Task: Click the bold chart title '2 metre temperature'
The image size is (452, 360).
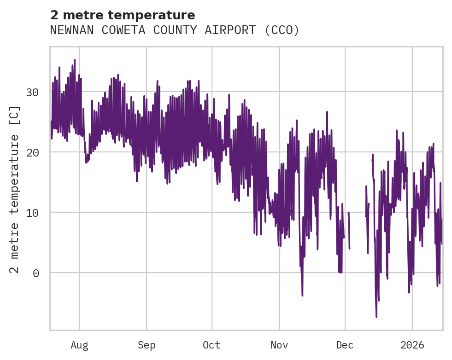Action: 123,15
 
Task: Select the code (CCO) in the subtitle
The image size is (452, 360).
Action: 282,30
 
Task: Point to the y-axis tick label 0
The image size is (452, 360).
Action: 35,273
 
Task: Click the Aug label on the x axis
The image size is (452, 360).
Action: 79,345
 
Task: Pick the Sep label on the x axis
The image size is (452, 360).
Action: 147,345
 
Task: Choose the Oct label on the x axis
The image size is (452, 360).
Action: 212,345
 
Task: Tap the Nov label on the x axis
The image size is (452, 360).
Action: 279,345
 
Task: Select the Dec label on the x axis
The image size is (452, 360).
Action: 345,345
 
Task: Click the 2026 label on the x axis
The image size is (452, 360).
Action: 412,345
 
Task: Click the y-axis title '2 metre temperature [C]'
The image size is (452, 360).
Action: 15,190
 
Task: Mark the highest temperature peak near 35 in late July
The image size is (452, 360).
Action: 74,60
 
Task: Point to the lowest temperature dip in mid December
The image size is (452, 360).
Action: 376,316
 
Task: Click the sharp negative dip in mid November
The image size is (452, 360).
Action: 302,295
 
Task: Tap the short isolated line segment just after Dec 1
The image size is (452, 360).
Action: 349,230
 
